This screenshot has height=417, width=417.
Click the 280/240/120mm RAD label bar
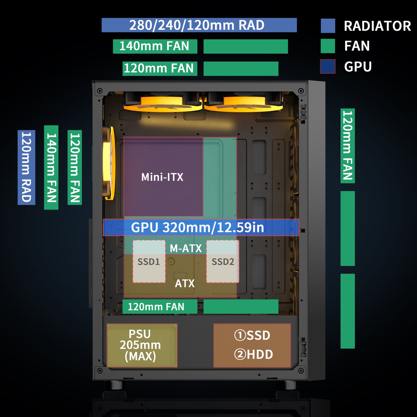coord(199,25)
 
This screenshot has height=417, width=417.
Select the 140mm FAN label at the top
coord(155,46)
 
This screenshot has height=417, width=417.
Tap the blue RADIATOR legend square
coord(328,26)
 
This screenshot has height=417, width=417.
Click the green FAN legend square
coord(328,46)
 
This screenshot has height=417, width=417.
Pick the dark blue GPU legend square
coord(328,67)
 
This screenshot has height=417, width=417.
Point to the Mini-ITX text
coord(162,177)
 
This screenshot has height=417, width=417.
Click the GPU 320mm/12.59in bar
coord(201,227)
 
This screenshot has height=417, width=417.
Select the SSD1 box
coord(149,261)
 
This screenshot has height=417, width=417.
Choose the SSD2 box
coord(222,261)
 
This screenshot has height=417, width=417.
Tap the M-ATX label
coord(186,248)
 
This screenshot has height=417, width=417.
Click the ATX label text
coord(185,283)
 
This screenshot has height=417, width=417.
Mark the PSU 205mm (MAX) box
coord(142,345)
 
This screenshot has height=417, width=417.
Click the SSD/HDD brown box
coord(252,345)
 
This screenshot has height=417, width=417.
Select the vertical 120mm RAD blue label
coord(26,167)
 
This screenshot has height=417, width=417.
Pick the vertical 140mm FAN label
coord(51,167)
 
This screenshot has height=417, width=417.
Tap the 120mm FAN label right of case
coord(347,146)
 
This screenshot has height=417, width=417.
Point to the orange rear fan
coord(109,163)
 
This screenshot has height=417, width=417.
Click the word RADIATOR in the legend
coord(377,26)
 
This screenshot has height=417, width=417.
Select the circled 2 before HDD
coord(240,354)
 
